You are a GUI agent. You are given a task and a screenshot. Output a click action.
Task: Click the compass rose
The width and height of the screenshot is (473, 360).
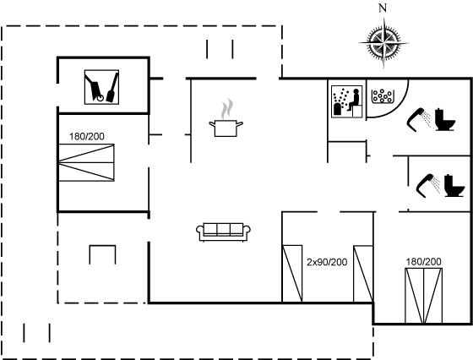(383, 43)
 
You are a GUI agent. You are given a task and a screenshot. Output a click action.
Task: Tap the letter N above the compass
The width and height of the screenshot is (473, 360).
(383, 8)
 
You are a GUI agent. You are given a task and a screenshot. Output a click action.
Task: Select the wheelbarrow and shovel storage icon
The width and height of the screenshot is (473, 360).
(101, 87)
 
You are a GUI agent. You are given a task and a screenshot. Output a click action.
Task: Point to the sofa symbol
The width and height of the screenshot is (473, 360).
(223, 232)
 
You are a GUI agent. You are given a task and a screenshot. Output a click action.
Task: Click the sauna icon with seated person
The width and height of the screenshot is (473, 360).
(347, 101)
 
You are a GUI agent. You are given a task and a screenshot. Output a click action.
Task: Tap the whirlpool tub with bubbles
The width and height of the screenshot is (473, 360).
(382, 96)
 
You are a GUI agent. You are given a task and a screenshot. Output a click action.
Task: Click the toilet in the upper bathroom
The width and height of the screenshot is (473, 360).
(445, 119)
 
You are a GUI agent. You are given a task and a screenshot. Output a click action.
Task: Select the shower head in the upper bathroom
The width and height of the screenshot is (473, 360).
(418, 120)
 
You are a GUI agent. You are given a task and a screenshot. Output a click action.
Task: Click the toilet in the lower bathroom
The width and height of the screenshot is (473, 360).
(454, 186)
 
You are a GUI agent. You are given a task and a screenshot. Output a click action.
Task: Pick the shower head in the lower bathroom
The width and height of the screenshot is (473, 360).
(427, 186)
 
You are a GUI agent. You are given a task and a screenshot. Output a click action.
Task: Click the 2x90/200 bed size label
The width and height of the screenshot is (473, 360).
(327, 262)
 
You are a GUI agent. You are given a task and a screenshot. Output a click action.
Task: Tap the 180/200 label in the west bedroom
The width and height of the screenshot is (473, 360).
(87, 136)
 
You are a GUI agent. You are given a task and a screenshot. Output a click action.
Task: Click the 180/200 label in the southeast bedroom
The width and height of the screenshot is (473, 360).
(423, 262)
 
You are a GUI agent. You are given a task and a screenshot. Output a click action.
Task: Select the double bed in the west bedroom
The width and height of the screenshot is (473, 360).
(86, 162)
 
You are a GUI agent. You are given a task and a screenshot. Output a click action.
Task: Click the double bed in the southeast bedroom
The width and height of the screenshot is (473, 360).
(423, 296)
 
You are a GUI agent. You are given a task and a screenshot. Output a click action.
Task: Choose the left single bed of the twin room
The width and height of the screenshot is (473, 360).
(292, 274)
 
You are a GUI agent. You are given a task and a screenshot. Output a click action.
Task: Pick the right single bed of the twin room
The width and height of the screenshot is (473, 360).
(363, 274)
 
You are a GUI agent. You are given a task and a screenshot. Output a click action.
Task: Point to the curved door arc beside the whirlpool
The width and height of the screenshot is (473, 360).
(398, 107)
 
